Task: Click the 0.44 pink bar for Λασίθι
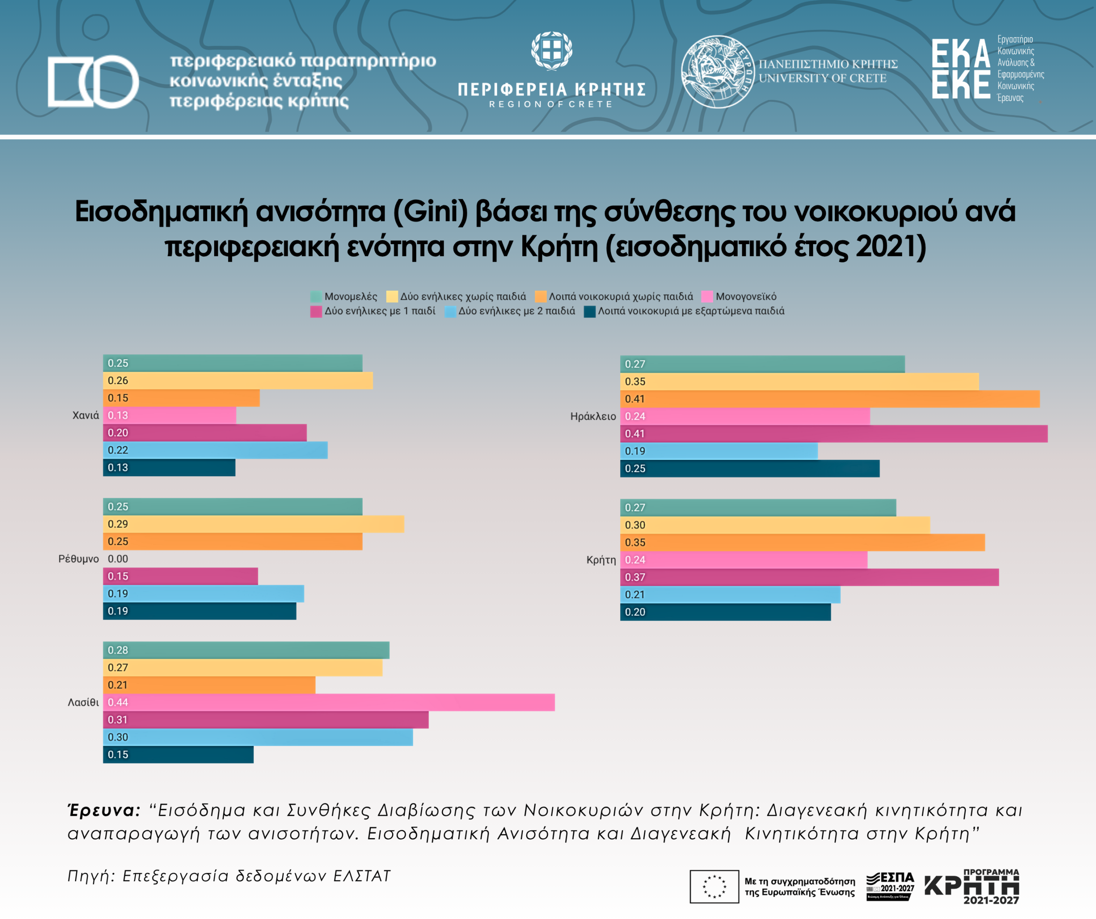coord(329,702)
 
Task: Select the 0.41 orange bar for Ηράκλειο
coord(830,399)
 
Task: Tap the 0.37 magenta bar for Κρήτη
coord(809,577)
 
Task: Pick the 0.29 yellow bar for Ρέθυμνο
coord(253,524)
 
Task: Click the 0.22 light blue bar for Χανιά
coord(215,450)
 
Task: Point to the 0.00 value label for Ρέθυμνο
coord(118,559)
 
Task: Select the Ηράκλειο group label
coord(593,417)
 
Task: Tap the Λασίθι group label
coord(83,702)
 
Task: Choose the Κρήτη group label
coord(601,560)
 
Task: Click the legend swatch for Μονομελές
coord(316,297)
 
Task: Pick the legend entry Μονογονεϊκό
coord(746,297)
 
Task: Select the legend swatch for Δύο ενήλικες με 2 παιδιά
coord(450,311)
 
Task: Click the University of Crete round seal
coord(717,72)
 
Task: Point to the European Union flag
coord(714,886)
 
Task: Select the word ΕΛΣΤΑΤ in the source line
coord(362,876)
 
